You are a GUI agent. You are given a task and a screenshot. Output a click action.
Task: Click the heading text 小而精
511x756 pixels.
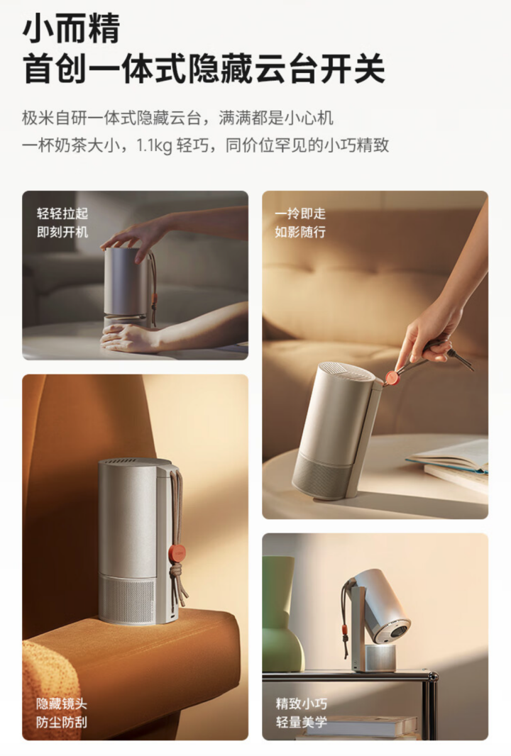[x=71, y=29]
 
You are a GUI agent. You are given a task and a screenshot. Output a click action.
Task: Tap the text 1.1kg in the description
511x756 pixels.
[x=154, y=145]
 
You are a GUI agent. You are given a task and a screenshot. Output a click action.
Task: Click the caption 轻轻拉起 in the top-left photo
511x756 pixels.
[x=62, y=213]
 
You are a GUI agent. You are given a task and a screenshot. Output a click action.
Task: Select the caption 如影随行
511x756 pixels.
[x=300, y=232]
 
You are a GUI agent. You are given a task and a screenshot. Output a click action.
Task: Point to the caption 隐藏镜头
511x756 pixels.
[x=61, y=704]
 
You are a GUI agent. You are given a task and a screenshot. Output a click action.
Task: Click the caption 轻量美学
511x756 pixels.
[x=301, y=722]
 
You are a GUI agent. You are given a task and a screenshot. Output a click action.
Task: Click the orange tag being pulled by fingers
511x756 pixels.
[x=392, y=377]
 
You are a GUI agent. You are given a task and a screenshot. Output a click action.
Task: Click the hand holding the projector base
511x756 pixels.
[x=131, y=337]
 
